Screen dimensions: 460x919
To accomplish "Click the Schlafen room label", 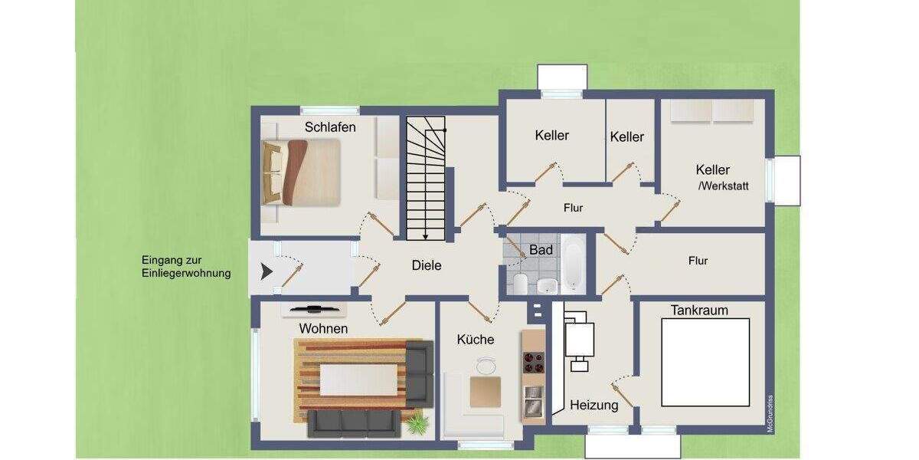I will point(330,127).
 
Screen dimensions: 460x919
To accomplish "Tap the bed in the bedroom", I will point(301,172).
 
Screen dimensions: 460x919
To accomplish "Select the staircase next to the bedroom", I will point(426,178).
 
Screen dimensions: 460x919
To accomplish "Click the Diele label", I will point(427,266).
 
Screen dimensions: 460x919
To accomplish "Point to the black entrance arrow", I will point(267,271).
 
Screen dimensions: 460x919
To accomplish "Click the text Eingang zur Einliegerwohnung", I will point(186,266).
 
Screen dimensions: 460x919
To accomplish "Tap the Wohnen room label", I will point(323,329).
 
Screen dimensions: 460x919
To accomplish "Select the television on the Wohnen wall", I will point(313,309).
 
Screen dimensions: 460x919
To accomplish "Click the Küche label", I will point(476,340).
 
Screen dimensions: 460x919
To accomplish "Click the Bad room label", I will point(541,251).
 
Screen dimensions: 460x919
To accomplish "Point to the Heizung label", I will point(594,406).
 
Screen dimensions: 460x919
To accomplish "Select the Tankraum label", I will point(699,310).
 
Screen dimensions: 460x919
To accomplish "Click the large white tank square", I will point(705,362).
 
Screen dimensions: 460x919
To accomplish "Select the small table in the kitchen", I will point(486,391).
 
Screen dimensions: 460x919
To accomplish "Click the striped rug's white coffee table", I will point(358,379).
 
